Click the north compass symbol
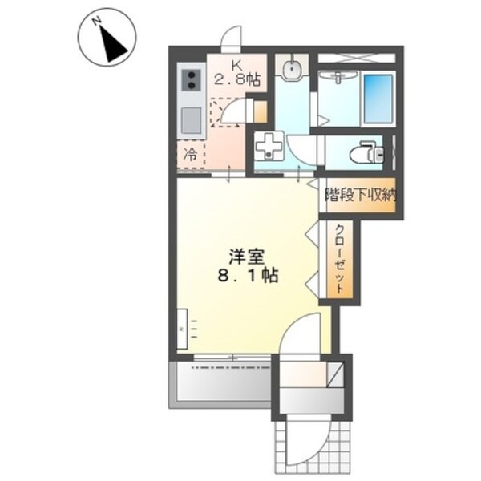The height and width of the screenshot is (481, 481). click(x=108, y=38)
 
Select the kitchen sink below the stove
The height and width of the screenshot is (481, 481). click(x=192, y=120)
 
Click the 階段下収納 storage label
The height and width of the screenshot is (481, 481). click(x=360, y=195)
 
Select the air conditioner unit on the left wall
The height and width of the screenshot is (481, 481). click(x=182, y=329)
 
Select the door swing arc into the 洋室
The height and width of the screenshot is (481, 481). click(x=304, y=336)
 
